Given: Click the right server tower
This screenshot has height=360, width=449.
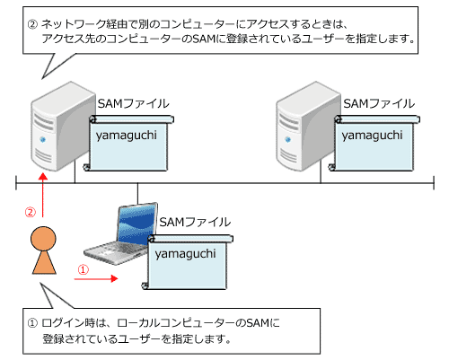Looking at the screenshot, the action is pyautogui.click(x=307, y=126).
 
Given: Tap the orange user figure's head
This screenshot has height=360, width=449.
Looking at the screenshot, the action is pyautogui.click(x=43, y=239).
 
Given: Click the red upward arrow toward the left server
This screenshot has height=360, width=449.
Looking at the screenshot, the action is pyautogui.click(x=43, y=195).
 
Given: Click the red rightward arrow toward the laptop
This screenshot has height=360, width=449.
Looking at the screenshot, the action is pyautogui.click(x=96, y=278).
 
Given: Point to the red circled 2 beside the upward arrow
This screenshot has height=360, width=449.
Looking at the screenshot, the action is pyautogui.click(x=31, y=212).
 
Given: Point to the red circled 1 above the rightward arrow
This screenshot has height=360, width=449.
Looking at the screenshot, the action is pyautogui.click(x=84, y=269).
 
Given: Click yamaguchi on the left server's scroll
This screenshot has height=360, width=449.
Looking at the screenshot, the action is pyautogui.click(x=127, y=136).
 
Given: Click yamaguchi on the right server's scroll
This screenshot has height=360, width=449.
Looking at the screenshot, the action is pyautogui.click(x=372, y=136).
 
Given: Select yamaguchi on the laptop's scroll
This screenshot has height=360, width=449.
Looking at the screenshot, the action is pyautogui.click(x=185, y=254).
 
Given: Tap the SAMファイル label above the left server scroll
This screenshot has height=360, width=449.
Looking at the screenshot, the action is pyautogui.click(x=134, y=103).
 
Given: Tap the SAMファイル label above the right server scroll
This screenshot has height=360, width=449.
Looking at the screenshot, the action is pyautogui.click(x=379, y=103).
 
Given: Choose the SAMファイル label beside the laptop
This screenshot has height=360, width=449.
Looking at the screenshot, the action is pyautogui.click(x=195, y=222).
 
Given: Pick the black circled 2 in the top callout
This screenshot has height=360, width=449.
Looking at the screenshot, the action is pyautogui.click(x=32, y=24).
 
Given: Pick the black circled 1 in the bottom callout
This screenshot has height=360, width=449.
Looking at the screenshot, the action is pyautogui.click(x=32, y=323).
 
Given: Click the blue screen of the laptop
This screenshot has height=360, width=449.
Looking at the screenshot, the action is pyautogui.click(x=137, y=223).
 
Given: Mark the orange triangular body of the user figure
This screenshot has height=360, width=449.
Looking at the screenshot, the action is pyautogui.click(x=44, y=262).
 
